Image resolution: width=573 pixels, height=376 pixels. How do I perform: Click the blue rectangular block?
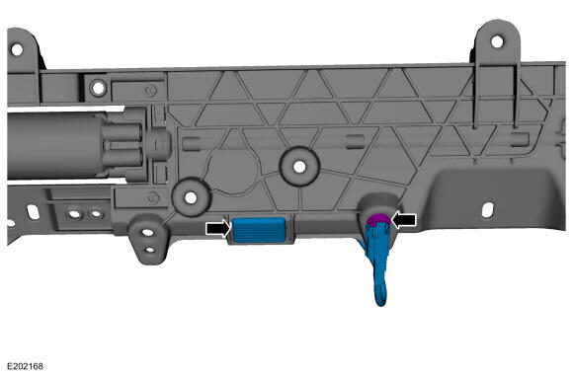point(259,230)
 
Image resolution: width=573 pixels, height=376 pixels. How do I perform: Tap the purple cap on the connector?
point(377,220)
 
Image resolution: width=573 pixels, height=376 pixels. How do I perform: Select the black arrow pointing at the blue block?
point(218,229)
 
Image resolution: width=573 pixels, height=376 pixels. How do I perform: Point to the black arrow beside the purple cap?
point(403,220)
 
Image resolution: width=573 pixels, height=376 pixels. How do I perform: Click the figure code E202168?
point(25,366)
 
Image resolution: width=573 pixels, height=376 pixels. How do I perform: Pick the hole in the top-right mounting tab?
point(497,41)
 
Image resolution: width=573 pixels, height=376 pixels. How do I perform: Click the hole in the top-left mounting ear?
point(17,49)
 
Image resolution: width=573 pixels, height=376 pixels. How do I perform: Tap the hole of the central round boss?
point(299,167)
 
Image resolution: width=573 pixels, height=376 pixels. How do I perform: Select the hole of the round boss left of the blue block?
point(191,197)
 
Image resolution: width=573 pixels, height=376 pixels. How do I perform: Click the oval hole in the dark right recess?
point(488,210)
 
